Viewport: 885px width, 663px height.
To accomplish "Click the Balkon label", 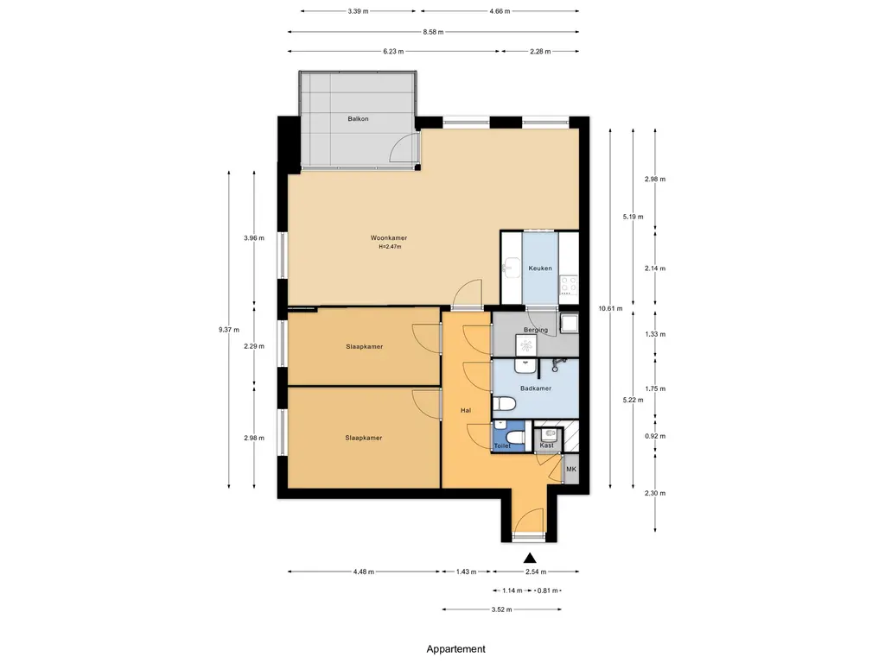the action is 358,119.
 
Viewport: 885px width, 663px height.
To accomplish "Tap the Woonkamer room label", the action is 388,238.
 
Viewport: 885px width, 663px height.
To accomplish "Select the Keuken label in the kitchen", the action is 540,268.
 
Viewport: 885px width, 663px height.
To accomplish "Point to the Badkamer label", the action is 536,388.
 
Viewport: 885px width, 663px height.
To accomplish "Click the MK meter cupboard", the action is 571,469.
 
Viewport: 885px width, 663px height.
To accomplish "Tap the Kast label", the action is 546,445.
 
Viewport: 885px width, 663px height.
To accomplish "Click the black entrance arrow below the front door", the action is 530,559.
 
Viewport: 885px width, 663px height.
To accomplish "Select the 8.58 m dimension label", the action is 433,32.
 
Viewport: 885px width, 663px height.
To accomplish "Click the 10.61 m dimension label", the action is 610,308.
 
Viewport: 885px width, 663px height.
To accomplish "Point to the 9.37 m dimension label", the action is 228,330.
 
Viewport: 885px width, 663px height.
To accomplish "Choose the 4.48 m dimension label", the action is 364,571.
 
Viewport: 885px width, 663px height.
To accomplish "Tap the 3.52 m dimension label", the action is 501,609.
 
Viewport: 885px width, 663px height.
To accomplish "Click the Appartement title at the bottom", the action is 455,649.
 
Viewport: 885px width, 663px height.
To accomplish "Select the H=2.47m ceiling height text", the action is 390,247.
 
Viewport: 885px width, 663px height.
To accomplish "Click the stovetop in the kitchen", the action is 569,284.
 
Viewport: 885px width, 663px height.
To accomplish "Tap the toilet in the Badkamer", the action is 504,404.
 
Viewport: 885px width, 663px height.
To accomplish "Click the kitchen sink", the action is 512,268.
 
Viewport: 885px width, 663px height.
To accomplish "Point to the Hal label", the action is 466,410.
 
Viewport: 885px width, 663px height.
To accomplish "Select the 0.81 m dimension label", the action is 547,590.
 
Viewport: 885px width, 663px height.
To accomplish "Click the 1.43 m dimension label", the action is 466,571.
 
